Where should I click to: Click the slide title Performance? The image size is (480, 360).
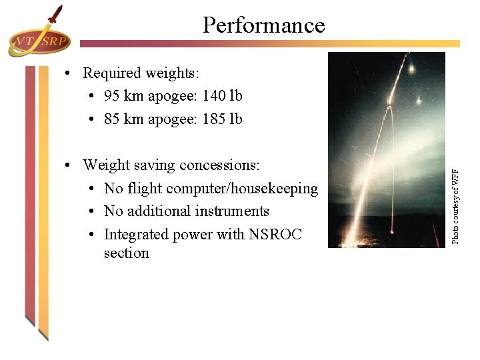pyautogui.click(x=263, y=25)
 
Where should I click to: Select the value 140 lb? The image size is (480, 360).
pyautogui.click(x=222, y=96)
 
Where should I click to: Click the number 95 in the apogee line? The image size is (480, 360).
pyautogui.click(x=113, y=96)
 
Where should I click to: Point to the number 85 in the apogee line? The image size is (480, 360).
pyautogui.click(x=113, y=119)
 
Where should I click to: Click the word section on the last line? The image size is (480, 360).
pyautogui.click(x=126, y=253)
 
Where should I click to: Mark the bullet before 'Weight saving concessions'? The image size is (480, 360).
pyautogui.click(x=69, y=165)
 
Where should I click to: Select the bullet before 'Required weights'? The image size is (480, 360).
pyautogui.click(x=69, y=73)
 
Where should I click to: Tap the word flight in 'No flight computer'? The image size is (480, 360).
pyautogui.click(x=143, y=189)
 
